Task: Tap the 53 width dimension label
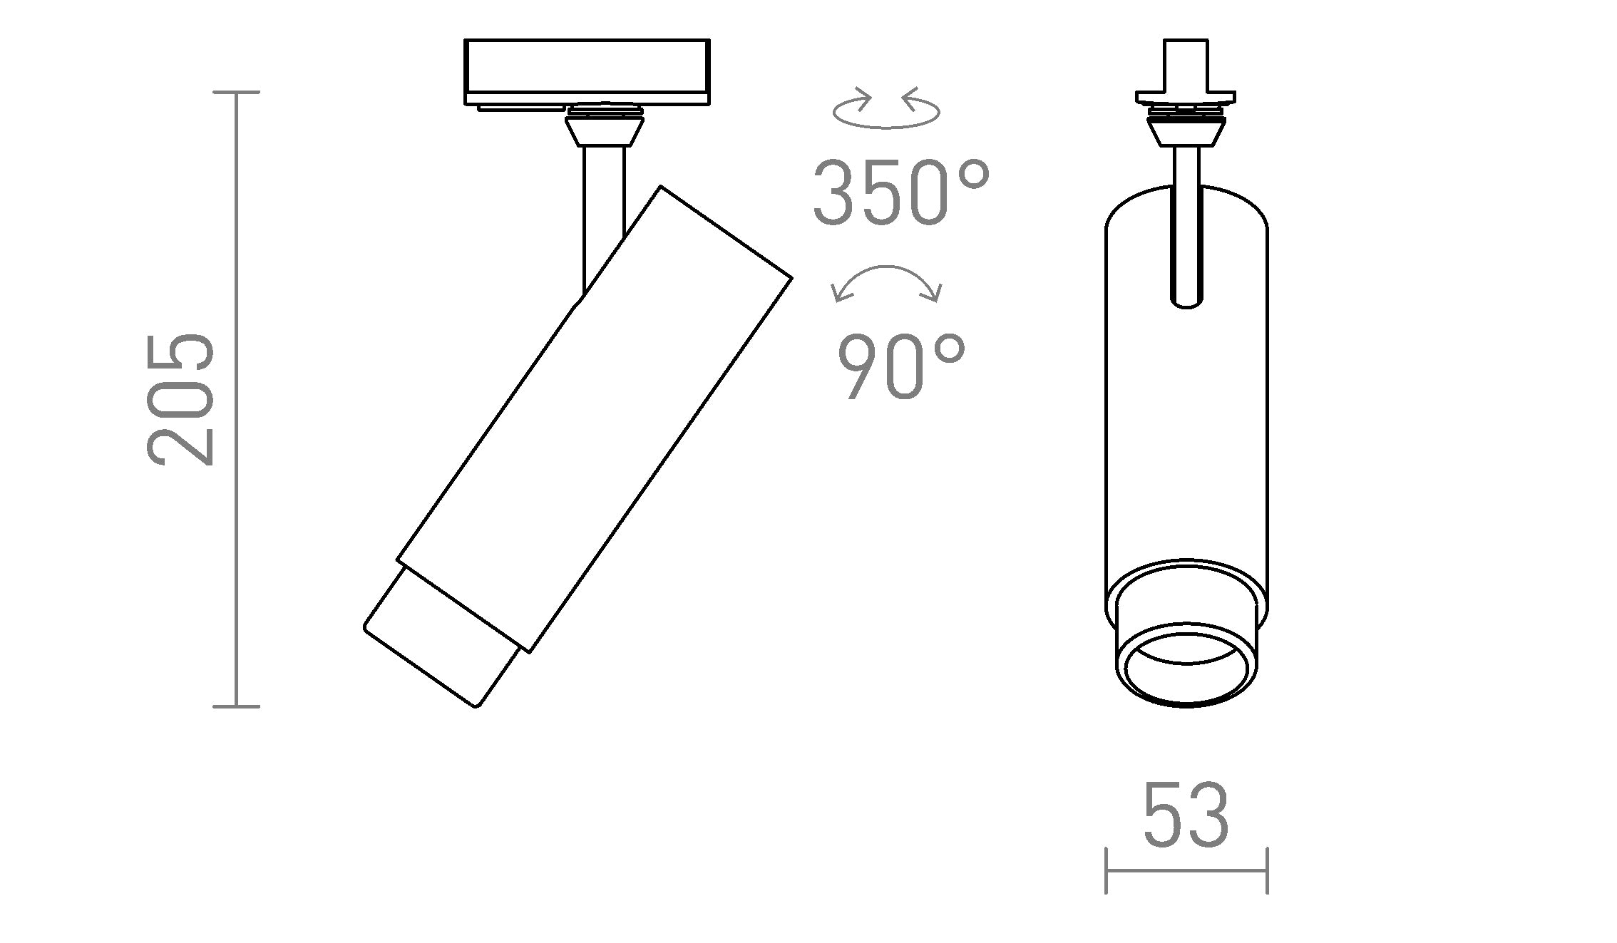point(1186,814)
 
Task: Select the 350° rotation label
point(901,193)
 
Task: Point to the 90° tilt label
point(901,367)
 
